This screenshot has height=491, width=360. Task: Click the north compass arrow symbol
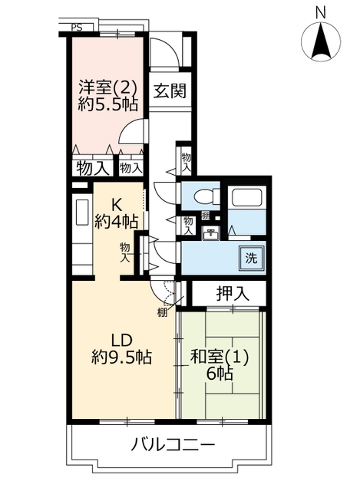coord(321,42)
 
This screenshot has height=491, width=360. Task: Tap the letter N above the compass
coord(321,13)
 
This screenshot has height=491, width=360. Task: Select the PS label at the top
coord(77,28)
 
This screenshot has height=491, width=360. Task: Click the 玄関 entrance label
coord(170,91)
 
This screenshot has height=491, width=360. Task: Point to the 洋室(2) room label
coord(107,87)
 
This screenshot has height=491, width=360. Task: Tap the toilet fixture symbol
coord(207,197)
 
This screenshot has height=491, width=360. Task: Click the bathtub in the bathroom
coord(246,197)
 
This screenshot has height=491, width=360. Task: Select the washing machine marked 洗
coord(251,258)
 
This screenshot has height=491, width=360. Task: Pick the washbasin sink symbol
coord(211,233)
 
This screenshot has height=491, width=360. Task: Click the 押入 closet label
coord(233,293)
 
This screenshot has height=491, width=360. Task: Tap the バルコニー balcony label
coord(173,444)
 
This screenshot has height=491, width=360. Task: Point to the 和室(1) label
coord(220,357)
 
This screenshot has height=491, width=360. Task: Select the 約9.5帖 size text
coord(122,357)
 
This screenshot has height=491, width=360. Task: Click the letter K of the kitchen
coord(117,206)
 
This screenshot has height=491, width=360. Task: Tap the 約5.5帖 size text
coord(107,105)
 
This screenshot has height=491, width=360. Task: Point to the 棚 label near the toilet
coord(205,216)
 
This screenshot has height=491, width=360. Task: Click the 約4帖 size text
coord(116,222)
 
